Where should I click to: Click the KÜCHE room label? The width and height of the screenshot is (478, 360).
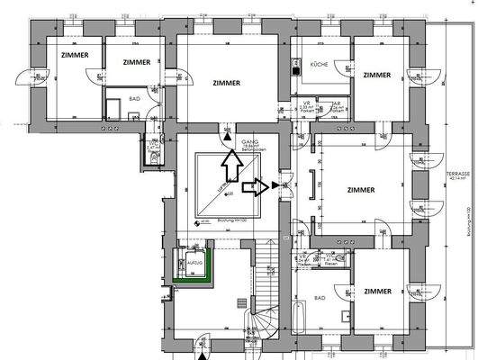320,66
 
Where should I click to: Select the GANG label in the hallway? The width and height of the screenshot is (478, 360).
249,142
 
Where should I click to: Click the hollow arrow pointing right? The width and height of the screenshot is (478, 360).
257,187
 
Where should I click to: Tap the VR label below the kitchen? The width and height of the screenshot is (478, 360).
307,103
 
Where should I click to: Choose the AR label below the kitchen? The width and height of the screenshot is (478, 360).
335,103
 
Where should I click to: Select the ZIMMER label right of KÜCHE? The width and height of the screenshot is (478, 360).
378,75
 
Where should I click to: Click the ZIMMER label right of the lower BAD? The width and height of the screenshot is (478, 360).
378,291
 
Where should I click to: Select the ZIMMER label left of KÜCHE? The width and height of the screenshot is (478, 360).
228,82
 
